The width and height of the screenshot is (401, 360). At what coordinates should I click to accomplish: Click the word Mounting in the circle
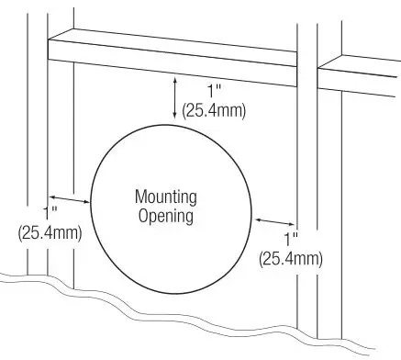pos(165,197)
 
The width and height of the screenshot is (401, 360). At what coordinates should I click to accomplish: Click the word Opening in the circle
pos(165,217)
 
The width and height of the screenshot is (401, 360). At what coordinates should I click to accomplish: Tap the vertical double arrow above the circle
pos(174,98)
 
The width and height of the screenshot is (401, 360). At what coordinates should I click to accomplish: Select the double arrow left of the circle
pos(70,197)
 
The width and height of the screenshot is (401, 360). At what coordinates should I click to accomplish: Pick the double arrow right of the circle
pos(276,223)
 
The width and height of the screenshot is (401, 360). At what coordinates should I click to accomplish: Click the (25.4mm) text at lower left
pos(50,233)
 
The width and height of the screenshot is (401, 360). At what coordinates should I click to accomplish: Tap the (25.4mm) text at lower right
pos(291,258)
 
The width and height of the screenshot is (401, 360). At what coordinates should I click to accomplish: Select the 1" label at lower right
pos(292,239)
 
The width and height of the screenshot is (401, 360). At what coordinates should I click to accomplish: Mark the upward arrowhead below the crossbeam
pos(174,84)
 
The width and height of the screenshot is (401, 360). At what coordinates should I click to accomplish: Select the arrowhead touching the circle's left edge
pos(86,201)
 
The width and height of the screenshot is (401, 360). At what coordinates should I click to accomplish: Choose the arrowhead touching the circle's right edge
pos(260,219)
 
